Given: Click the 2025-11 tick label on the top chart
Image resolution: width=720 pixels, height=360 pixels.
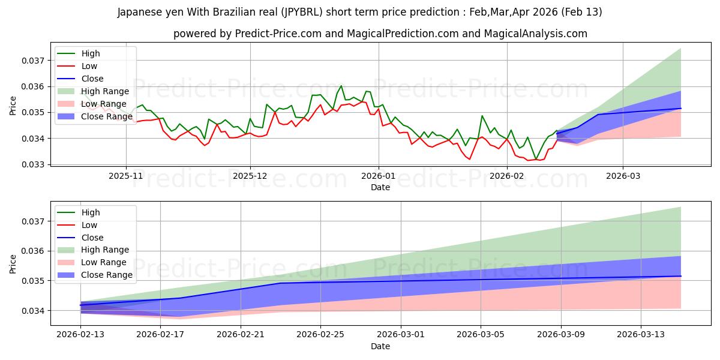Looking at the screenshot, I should [x=126, y=176].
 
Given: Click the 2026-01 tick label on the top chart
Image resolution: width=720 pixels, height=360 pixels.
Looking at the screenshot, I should [x=378, y=176].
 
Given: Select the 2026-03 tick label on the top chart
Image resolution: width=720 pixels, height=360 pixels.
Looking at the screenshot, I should [x=622, y=176].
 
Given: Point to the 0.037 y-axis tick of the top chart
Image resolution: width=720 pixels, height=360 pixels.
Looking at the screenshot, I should [x=33, y=61].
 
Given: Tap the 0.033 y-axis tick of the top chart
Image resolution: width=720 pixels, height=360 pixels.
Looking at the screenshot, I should [x=33, y=164].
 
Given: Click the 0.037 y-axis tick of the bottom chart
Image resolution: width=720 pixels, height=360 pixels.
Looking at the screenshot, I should [x=33, y=221].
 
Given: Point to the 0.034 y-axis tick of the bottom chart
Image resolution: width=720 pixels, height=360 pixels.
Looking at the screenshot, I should [x=33, y=311].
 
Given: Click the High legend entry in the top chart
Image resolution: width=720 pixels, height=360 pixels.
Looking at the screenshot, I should [x=91, y=54].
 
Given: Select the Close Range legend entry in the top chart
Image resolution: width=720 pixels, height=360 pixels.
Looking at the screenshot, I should [x=106, y=116].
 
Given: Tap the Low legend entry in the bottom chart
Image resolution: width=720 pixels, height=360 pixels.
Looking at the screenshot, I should [x=89, y=225].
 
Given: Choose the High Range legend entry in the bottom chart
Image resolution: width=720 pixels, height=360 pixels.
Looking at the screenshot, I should [x=105, y=250].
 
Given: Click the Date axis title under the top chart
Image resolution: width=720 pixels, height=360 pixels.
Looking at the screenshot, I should [x=380, y=187].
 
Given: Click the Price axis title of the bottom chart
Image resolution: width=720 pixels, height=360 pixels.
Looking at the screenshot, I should [x=13, y=264].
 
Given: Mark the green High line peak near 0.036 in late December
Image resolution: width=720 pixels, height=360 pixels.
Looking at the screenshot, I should [x=341, y=86].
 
